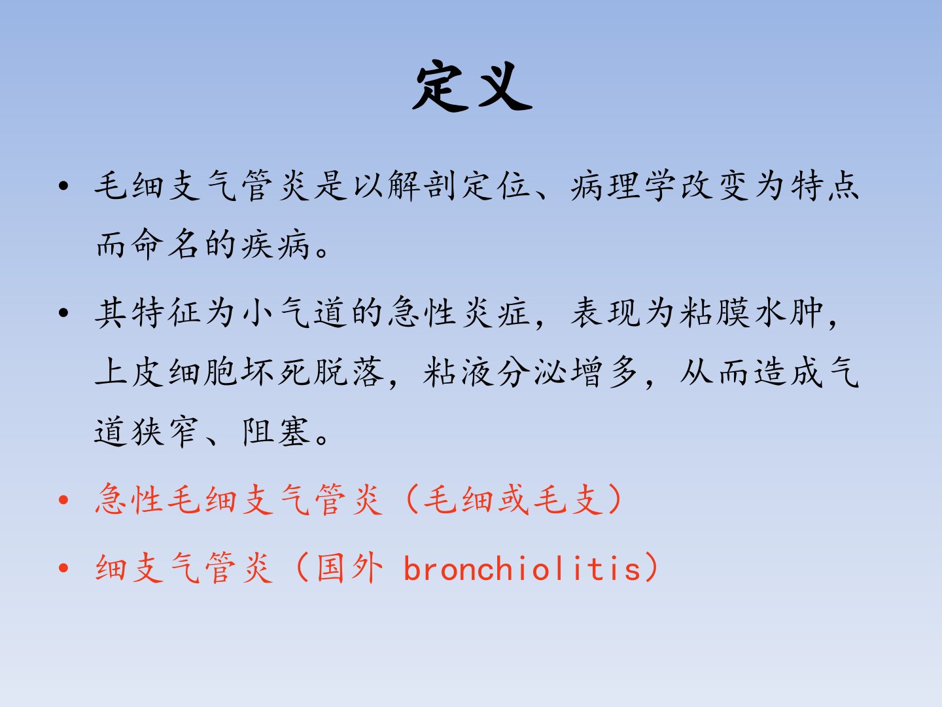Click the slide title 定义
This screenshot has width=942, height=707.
472,86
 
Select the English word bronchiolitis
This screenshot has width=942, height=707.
522,568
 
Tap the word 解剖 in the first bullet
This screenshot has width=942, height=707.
421,185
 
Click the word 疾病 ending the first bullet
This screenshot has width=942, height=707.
275,245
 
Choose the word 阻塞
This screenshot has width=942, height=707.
276,431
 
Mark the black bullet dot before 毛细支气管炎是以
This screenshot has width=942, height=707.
63,187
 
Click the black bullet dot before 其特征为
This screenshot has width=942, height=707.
63,313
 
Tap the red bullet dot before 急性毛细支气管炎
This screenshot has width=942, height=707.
63,499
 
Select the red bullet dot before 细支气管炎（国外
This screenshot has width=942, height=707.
63,568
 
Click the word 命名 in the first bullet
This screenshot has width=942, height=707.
166,245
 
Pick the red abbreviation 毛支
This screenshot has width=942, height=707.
568,499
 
